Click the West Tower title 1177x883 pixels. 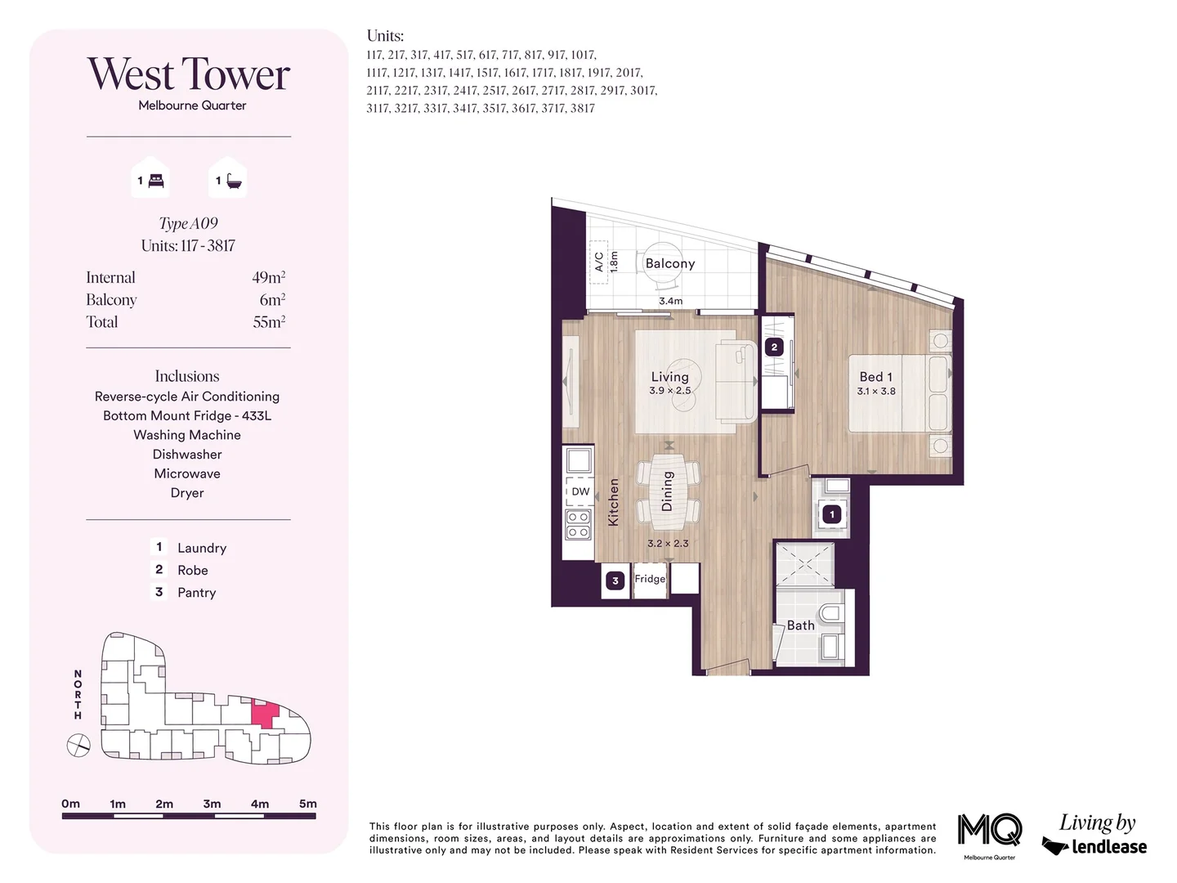[x=189, y=74]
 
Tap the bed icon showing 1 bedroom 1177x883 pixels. [x=156, y=181]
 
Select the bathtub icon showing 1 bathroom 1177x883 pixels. [x=234, y=181]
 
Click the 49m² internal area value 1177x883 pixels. [x=268, y=278]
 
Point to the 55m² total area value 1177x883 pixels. [x=268, y=322]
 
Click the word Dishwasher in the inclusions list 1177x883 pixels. [x=187, y=455]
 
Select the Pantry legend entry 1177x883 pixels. [x=196, y=593]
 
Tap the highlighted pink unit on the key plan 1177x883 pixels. [x=263, y=715]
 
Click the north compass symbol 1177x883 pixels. [x=78, y=746]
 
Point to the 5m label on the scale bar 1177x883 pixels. [x=307, y=804]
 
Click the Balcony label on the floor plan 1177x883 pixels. [x=669, y=263]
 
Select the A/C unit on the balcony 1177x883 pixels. [x=598, y=262]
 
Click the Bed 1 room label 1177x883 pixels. [x=875, y=377]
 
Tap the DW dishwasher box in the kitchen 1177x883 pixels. [x=580, y=491]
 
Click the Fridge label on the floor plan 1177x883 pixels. [x=650, y=579]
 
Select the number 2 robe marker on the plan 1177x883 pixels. [x=774, y=347]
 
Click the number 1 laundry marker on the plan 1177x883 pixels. [x=832, y=514]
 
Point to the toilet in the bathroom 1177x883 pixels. [x=831, y=614]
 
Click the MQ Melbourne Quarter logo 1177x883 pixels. [x=989, y=831]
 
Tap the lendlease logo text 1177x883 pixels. [x=1108, y=847]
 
